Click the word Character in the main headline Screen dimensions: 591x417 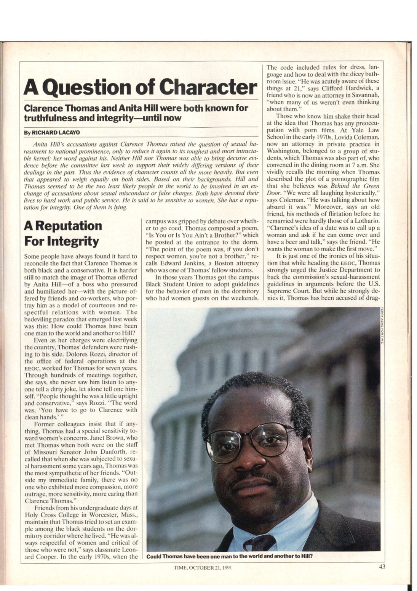coord(208,87)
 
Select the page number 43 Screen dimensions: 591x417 coord(382,567)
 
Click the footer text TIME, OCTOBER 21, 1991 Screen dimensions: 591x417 coord(203,567)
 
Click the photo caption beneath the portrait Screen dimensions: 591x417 coord(229,556)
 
